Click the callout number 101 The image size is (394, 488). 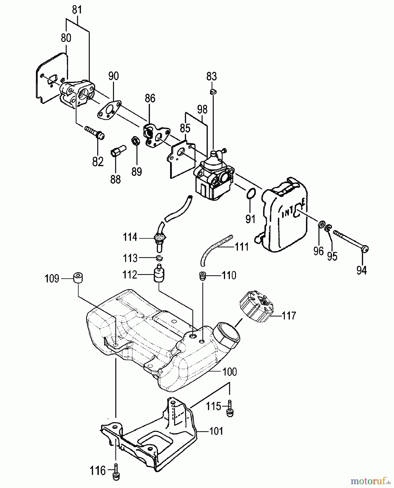pos(216,431)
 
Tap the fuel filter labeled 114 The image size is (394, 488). pos(159,239)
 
